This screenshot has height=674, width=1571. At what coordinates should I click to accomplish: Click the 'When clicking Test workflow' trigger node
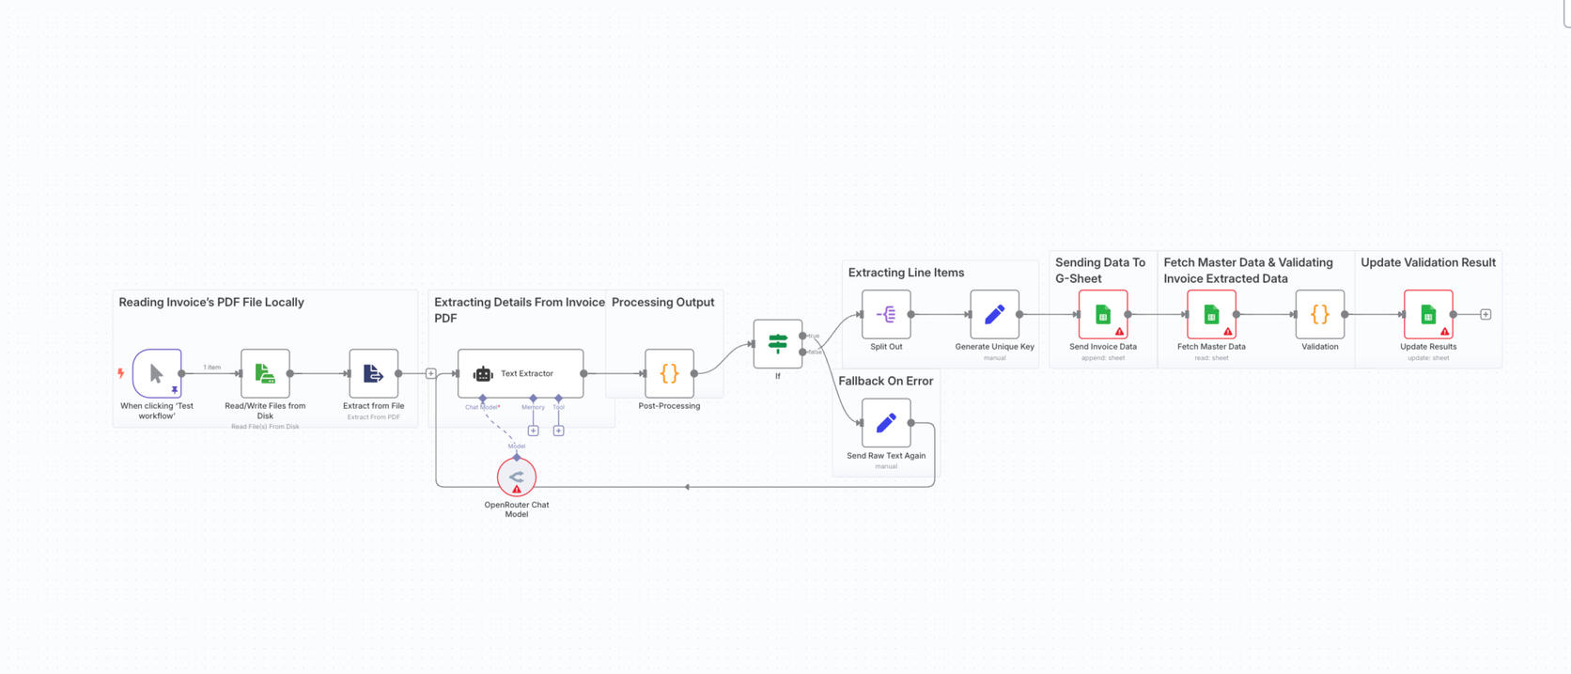click(156, 373)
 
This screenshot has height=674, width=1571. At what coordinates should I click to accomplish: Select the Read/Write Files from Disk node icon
click(265, 373)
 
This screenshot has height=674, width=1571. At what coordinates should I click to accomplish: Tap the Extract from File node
click(373, 373)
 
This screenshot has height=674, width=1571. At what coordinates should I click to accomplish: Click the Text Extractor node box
click(521, 373)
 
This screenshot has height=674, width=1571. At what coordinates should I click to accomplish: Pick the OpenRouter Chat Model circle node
click(516, 477)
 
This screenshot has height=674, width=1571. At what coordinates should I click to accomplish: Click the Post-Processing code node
click(669, 373)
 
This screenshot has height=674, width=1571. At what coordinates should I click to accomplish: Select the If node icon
click(777, 344)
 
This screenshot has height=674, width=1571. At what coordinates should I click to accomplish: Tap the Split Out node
click(886, 314)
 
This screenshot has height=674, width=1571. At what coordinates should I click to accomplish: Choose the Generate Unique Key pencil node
click(994, 314)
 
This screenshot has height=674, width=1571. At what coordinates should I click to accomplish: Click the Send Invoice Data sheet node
click(1103, 314)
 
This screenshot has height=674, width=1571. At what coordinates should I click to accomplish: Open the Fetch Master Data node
click(1211, 314)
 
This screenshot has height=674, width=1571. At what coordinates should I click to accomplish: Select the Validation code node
click(1319, 314)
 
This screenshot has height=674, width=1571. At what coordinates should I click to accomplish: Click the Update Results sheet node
click(1428, 314)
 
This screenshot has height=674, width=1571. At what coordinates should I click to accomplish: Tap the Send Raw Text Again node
click(886, 423)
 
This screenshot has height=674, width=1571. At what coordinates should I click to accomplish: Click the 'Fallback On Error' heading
click(885, 381)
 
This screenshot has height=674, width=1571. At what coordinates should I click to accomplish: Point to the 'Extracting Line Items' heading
click(906, 273)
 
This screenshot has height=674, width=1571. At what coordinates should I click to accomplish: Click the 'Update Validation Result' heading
click(1427, 262)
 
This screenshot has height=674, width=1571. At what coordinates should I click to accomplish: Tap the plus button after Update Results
click(1485, 314)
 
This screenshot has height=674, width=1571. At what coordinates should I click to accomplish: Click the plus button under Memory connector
click(533, 431)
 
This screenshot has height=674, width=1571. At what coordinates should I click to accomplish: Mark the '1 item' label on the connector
click(212, 367)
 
